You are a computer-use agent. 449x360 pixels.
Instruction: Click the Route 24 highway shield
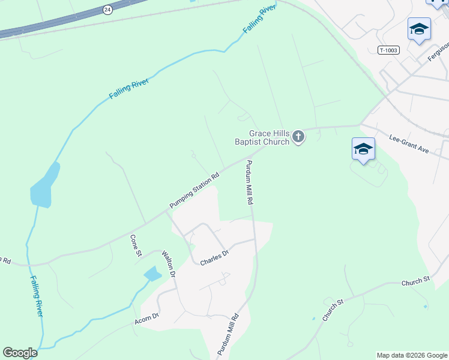(x=107, y=10)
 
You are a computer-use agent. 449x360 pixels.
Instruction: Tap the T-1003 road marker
(x=388, y=50)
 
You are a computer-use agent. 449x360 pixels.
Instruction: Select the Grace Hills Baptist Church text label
(x=261, y=138)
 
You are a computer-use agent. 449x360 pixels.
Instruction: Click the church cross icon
(x=298, y=138)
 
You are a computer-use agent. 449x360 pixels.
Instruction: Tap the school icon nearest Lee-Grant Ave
(x=363, y=149)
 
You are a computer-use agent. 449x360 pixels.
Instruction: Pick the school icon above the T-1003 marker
(x=419, y=29)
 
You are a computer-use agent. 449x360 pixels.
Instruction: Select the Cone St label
(x=135, y=246)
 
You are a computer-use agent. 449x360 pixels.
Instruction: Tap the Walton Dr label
(x=168, y=265)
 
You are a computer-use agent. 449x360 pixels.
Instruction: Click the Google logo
(x=20, y=353)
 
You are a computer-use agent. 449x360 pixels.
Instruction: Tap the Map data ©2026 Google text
(x=412, y=355)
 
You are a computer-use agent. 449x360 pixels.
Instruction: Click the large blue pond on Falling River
(x=44, y=186)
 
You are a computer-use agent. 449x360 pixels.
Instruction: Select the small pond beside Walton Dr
(x=152, y=275)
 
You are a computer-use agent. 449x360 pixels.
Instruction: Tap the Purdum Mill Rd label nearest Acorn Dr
(x=232, y=334)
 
